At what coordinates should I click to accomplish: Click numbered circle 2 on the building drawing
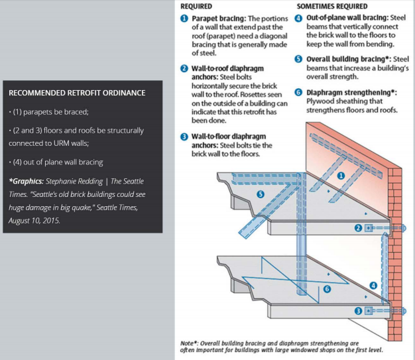tap(359, 228)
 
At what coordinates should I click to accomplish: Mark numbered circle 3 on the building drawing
tap(359, 310)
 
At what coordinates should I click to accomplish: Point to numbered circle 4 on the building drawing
tap(373, 286)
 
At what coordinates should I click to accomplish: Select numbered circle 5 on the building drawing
tap(261, 194)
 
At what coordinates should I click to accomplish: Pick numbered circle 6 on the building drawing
tap(326, 289)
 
